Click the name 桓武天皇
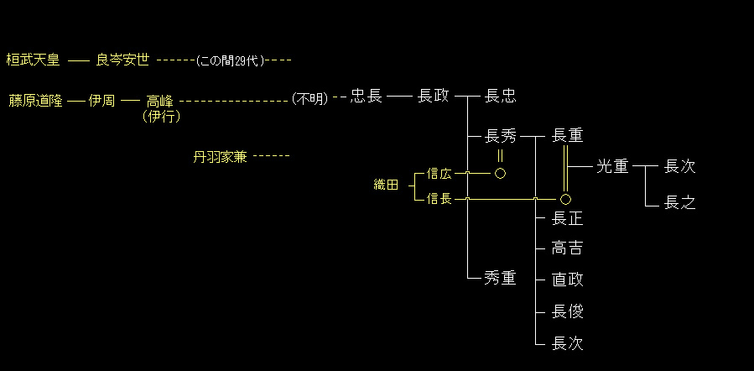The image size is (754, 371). point(34,60)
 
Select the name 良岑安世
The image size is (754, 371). point(122,60)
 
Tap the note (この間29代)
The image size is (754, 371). point(230,60)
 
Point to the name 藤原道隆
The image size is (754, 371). point(35,100)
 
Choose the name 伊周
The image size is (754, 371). point(101,100)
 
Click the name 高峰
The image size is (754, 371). point(159,100)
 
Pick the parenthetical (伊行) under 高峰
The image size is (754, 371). point(160,116)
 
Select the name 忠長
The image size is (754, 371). point(367,97)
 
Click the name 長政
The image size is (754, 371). point(433,97)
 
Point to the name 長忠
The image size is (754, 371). point(501,97)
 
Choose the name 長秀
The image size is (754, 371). point(501,136)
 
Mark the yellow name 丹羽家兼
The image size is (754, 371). point(220,156)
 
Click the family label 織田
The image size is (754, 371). point(387,185)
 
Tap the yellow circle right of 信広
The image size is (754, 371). point(500,173)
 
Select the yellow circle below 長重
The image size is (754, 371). point(565,199)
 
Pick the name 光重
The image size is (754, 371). point(612,166)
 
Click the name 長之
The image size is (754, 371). point(679,202)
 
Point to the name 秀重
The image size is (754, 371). point(501,279)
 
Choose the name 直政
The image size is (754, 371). point(568,280)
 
